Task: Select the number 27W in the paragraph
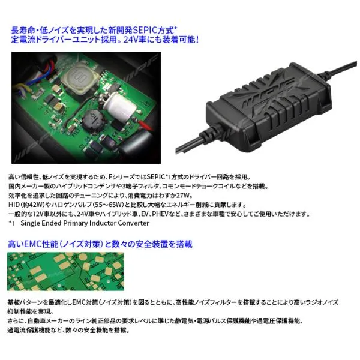pos(184,196)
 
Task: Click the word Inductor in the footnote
pos(103,223)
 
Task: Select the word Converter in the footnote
pos(133,223)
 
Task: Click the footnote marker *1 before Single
pos(11,223)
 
